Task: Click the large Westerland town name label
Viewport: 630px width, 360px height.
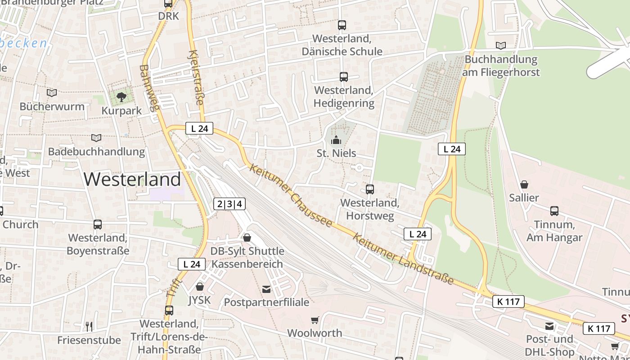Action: point(132,179)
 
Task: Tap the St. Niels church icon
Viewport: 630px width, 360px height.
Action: point(336,140)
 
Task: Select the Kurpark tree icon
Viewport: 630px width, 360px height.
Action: point(121,96)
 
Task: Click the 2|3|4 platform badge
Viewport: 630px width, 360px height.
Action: point(229,204)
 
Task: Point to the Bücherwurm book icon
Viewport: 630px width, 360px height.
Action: point(52,93)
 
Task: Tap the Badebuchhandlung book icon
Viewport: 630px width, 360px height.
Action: point(96,138)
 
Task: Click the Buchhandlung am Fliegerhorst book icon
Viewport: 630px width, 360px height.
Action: point(500,45)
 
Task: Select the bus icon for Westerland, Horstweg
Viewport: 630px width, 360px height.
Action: point(369,189)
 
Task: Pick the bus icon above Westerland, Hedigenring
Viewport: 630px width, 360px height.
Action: point(343,77)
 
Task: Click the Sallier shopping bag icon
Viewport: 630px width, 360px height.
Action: point(524,184)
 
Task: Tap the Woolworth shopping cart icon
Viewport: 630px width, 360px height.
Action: point(315,320)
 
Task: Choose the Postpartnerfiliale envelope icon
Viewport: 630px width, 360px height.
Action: point(266,288)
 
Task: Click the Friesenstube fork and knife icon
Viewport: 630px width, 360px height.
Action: point(89,326)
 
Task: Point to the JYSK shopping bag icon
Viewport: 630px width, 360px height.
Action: point(199,286)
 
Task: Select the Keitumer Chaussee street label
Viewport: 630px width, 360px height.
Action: point(291,195)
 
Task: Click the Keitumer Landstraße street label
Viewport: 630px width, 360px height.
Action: point(403,258)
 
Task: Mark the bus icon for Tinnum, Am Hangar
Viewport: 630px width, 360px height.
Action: point(554,211)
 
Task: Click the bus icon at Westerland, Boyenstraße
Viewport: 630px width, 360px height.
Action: point(98,224)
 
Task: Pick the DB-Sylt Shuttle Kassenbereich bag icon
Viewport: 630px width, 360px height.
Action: point(247,237)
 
